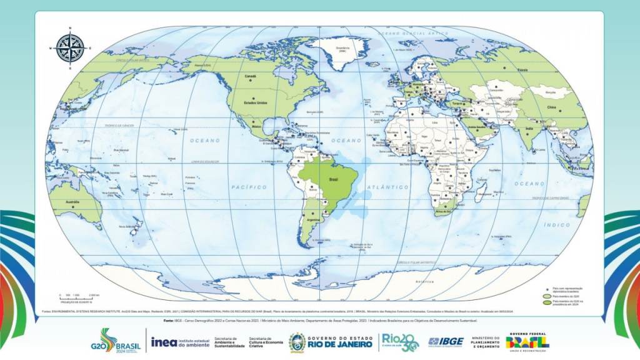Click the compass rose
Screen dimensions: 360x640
point(70,47)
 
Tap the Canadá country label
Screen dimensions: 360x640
point(251,76)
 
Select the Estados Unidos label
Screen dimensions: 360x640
point(256,104)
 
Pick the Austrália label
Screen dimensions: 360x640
point(72,201)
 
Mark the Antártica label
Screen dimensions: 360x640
point(425,282)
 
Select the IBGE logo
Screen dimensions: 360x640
point(446,341)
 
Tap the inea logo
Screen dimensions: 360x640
point(164,341)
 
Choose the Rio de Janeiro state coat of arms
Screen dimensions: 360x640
point(297,342)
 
